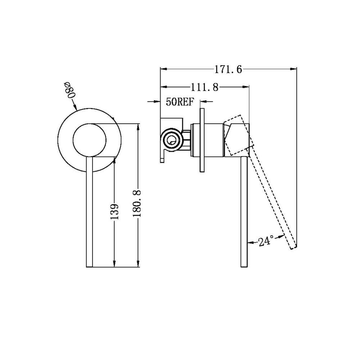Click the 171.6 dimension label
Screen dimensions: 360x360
228,69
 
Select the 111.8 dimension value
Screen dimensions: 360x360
204,87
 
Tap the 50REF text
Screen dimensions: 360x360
180,102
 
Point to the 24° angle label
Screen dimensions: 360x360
266,241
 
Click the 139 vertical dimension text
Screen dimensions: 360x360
114,211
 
